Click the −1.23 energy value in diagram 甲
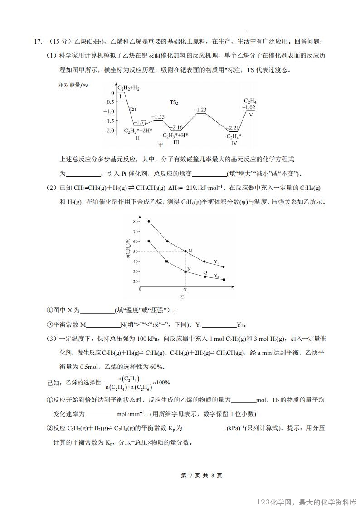click(x=200, y=110)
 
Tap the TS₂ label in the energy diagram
click(x=174, y=102)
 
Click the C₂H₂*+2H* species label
click(x=138, y=131)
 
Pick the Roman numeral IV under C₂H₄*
click(x=234, y=143)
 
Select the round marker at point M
click(x=185, y=251)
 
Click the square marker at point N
click(x=185, y=271)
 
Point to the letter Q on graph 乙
click(x=205, y=272)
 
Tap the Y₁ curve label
click(x=217, y=262)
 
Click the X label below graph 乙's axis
click(x=185, y=289)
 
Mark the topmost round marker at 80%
click(x=149, y=221)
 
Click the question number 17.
click(x=38, y=42)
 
